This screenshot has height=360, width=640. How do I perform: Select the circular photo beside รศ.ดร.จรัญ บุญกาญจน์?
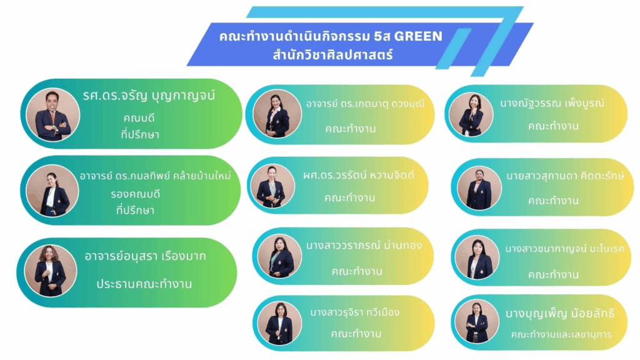point(52,114)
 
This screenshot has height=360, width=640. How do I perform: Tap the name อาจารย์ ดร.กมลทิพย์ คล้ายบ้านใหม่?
point(155,176)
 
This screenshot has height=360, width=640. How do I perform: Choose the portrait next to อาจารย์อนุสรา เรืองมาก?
point(51,270)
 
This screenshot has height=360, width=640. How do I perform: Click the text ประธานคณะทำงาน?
point(144,283)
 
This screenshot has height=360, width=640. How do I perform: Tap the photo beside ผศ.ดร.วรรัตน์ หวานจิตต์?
point(271,186)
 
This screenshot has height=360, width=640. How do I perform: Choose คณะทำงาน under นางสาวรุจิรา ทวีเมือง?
point(356,333)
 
